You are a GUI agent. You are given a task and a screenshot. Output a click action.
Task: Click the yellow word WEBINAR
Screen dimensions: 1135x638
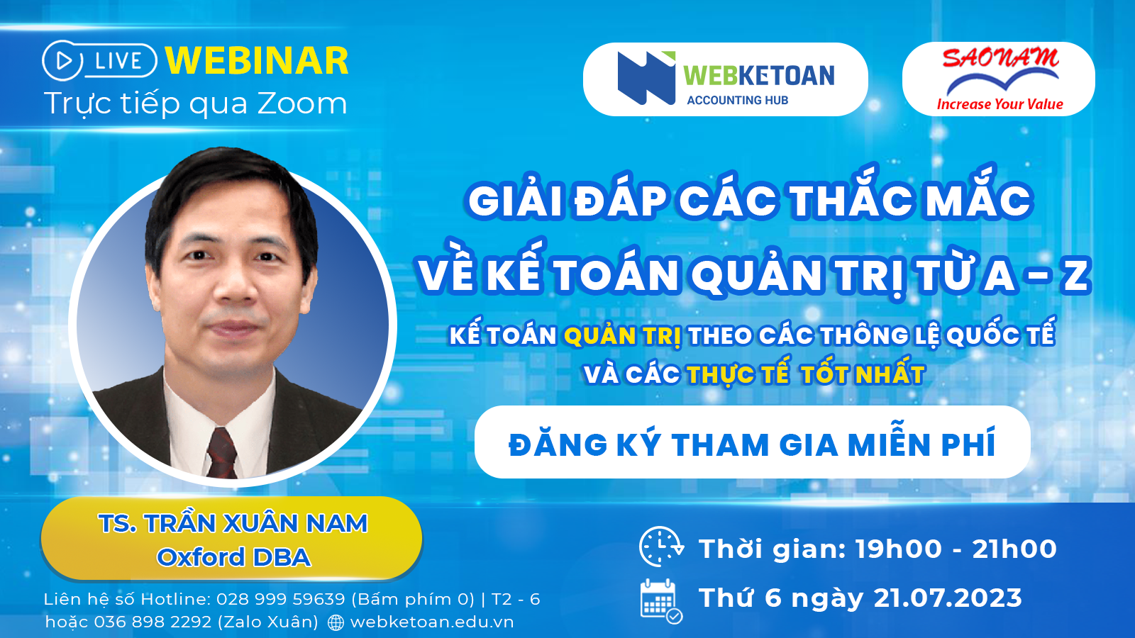coord(257,61)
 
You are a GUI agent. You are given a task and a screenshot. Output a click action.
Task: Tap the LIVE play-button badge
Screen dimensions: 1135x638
coord(99,61)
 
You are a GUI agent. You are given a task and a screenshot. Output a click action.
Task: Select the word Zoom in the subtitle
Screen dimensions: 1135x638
coord(302,103)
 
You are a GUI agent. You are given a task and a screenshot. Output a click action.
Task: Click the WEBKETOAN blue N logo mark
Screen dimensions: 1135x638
coord(646,77)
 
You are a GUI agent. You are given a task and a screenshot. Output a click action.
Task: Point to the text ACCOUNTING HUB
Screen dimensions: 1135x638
coord(737,100)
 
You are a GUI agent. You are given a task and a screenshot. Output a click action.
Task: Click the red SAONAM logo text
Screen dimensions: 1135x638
coord(1001,58)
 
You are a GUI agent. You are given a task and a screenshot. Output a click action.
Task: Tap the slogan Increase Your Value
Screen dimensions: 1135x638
coord(1000,104)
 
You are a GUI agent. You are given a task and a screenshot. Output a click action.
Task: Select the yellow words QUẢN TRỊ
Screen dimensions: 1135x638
coord(623,336)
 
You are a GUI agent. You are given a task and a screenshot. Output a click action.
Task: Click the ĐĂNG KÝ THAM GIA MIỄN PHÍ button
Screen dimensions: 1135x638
coord(753,442)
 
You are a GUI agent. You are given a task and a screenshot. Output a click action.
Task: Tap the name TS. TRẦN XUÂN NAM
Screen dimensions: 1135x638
coord(233,523)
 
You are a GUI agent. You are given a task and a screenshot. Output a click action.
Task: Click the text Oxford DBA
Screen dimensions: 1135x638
coord(233,557)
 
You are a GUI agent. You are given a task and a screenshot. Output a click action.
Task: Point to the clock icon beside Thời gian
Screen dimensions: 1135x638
coord(661,547)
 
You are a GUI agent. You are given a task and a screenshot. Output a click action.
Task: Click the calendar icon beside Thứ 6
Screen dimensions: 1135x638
coord(661,601)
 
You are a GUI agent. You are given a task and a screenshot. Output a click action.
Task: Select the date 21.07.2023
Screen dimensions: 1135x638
coord(948,598)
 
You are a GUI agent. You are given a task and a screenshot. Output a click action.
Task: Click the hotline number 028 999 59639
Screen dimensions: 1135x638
coord(281,600)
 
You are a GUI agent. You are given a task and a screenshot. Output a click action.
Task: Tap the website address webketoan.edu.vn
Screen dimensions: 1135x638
coord(432,622)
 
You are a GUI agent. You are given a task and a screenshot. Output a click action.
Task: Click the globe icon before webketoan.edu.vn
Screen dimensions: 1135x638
coord(336,623)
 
